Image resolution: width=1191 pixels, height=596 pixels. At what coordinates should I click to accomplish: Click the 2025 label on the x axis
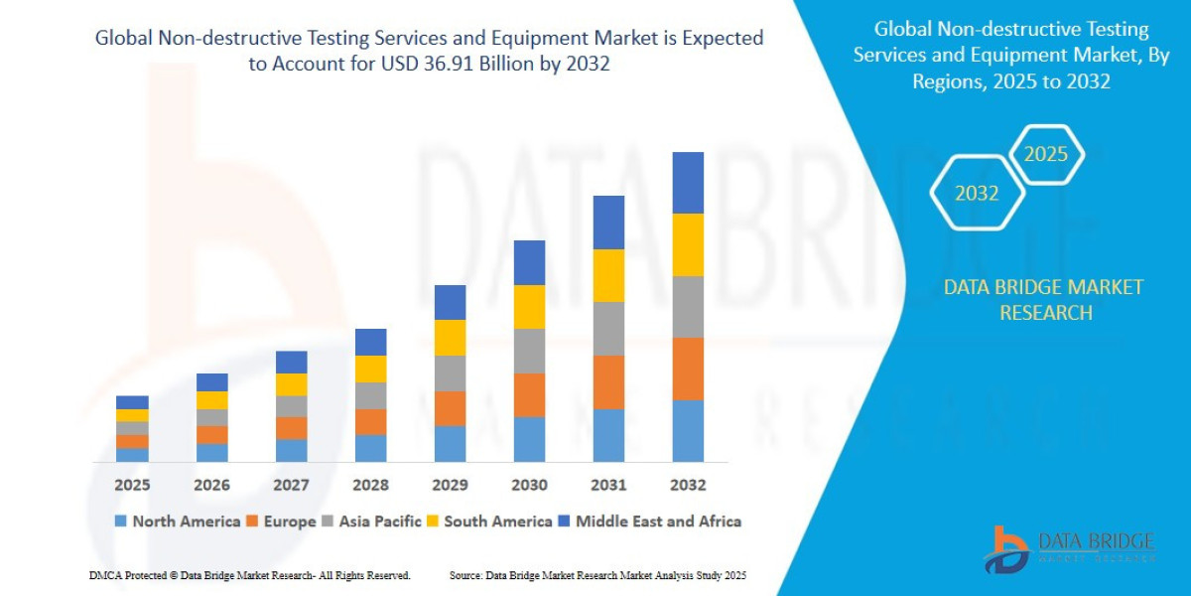click(x=132, y=485)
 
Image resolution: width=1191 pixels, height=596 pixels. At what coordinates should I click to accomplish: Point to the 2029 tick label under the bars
click(x=450, y=485)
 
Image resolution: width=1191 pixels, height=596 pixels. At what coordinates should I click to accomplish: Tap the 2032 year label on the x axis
click(x=688, y=485)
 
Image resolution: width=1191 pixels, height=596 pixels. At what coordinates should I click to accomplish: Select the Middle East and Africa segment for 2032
click(x=688, y=183)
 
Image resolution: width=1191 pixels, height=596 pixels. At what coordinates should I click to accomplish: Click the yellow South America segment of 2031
click(x=608, y=275)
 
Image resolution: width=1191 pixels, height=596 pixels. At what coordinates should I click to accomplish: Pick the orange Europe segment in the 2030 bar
click(x=529, y=394)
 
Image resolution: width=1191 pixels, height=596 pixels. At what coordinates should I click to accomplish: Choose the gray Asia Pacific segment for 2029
click(x=450, y=373)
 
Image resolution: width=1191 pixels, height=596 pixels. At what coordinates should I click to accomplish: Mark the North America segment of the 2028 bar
click(x=370, y=448)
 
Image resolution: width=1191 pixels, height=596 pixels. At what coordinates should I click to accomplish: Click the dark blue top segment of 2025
click(x=132, y=402)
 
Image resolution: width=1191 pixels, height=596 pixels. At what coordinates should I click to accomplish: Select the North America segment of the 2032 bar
click(x=688, y=431)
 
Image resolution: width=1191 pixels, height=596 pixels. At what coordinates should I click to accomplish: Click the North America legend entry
click(x=178, y=521)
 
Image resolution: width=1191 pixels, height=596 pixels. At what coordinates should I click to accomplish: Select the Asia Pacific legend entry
click(x=372, y=521)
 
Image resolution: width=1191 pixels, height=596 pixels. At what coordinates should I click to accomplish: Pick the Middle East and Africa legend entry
click(x=649, y=521)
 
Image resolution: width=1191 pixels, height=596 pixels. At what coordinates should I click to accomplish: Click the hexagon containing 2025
click(x=1046, y=155)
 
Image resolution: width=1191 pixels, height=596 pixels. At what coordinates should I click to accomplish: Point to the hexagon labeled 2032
click(x=977, y=194)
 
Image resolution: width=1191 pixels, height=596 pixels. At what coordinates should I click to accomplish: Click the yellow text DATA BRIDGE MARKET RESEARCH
click(x=1043, y=300)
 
